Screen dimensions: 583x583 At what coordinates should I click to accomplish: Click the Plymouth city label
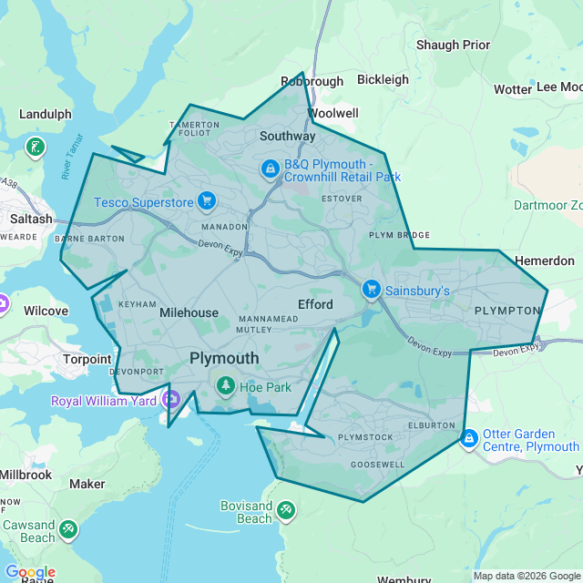tap(224, 359)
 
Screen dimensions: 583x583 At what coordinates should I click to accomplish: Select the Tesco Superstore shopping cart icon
tap(207, 200)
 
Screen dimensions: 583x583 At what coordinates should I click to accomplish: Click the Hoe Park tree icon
tap(225, 386)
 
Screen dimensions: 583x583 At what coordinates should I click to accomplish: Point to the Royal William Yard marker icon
tap(170, 399)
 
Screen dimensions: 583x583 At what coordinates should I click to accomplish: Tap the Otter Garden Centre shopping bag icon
tap(469, 439)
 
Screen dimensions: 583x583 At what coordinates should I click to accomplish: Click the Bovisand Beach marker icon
tap(286, 509)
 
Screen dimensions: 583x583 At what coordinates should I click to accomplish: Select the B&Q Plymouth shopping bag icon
tap(270, 169)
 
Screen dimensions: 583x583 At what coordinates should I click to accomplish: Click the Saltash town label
tap(32, 220)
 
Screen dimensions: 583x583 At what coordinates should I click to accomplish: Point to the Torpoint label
tap(87, 359)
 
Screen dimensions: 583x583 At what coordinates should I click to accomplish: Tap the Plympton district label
tap(507, 311)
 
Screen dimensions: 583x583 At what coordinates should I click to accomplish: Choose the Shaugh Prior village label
tap(453, 45)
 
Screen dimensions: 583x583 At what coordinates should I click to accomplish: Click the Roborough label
tap(312, 81)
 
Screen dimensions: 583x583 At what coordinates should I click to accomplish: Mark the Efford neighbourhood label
tap(315, 304)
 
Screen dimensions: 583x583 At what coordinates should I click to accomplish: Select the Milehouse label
tap(189, 312)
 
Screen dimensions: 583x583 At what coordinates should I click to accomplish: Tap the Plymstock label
tap(365, 437)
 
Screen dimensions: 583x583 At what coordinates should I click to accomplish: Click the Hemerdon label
tap(545, 261)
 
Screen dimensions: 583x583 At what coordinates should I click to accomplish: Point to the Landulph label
tap(45, 115)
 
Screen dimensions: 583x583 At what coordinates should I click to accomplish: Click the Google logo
tap(30, 572)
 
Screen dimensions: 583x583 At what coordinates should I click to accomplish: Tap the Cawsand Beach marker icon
tap(67, 528)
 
